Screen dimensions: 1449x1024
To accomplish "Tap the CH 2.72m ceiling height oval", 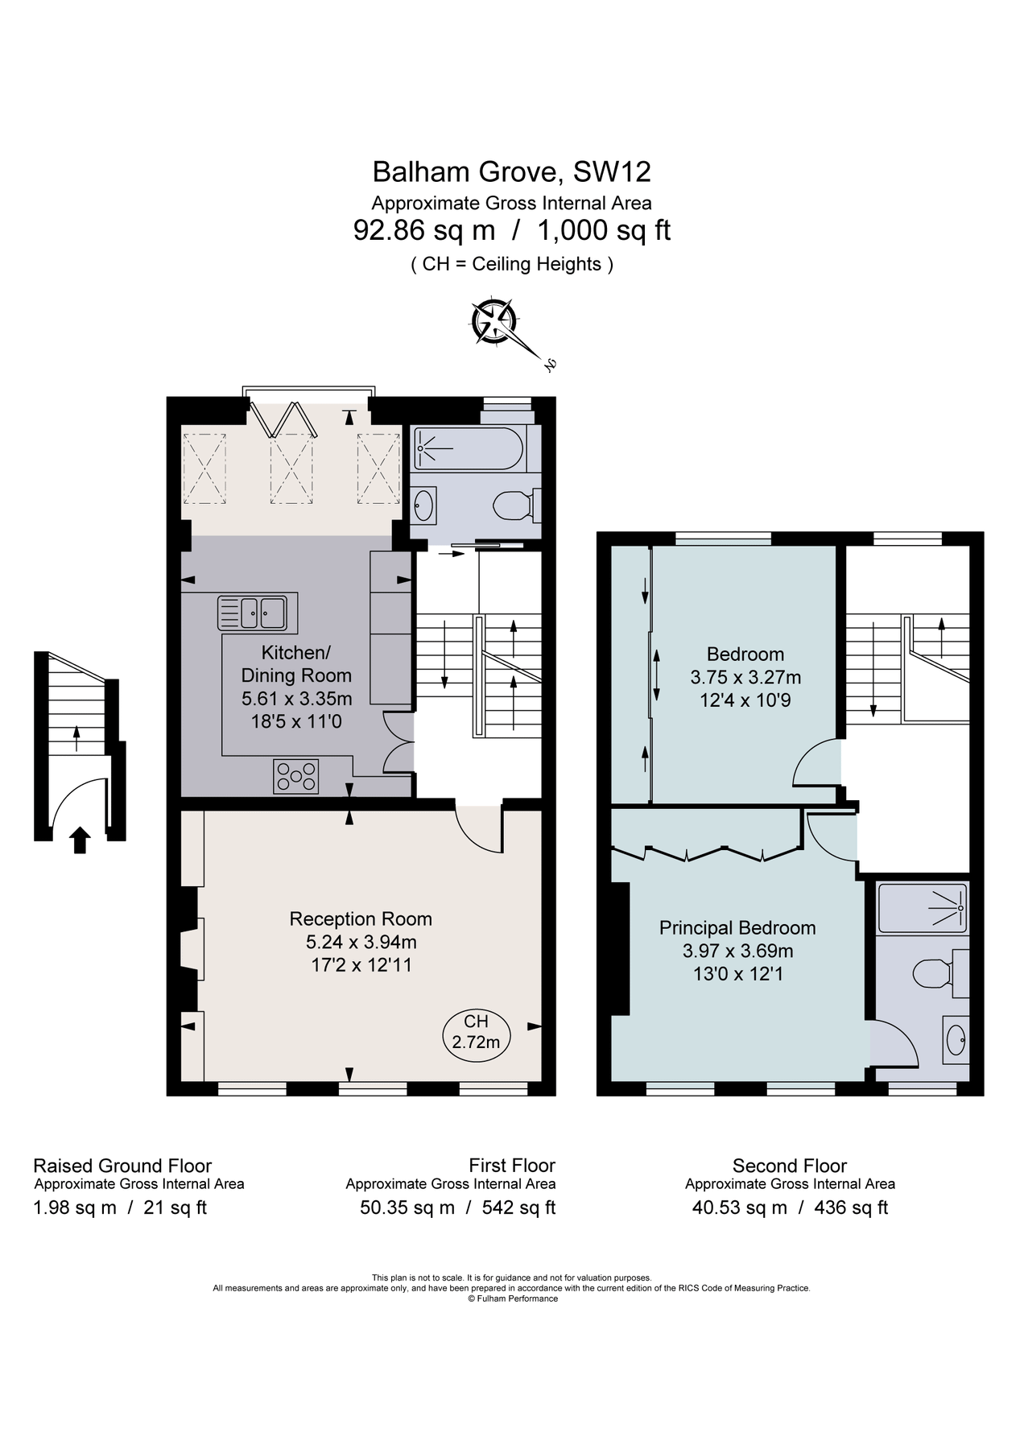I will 476,1032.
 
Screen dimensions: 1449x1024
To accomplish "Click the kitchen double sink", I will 252,613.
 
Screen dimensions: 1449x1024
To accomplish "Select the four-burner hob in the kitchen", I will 296,777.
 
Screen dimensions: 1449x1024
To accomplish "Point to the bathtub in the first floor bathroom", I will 469,449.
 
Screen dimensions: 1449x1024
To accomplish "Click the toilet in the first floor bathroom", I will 512,506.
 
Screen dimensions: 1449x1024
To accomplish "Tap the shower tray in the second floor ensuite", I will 922,908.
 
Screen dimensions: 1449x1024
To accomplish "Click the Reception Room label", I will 361,919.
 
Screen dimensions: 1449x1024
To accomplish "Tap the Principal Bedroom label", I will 737,927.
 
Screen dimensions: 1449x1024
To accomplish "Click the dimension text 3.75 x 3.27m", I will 745,677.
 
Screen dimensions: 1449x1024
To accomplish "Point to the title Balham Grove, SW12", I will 511,171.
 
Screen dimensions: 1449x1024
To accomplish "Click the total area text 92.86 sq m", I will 423,231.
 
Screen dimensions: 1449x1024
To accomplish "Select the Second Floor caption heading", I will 789,1166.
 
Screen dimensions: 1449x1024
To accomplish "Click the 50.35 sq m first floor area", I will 407,1207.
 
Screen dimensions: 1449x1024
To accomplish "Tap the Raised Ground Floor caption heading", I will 122,1166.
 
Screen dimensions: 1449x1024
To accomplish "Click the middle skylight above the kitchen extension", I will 291,469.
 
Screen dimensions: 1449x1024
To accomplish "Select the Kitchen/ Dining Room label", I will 296,663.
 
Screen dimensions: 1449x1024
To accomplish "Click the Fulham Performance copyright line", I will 512,1298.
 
